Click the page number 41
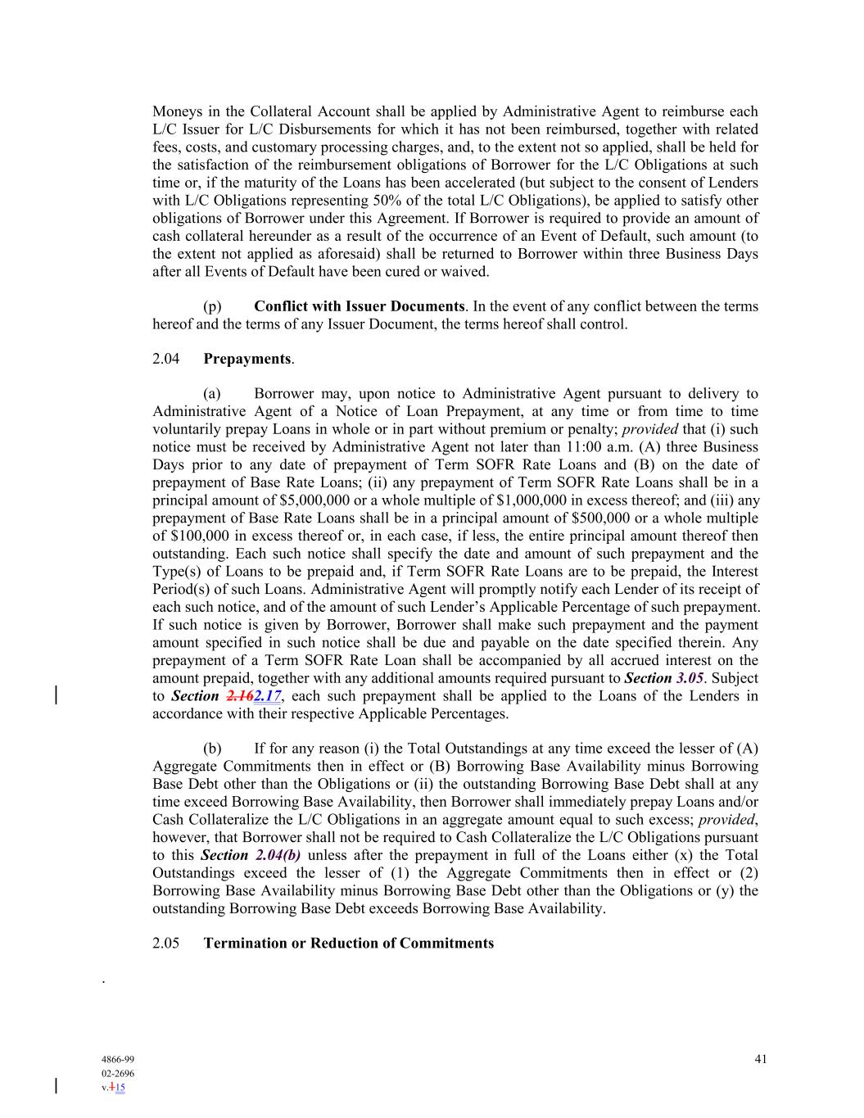pos(761,1059)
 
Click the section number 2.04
pos(166,359)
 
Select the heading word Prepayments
pos(247,359)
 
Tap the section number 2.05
pos(166,943)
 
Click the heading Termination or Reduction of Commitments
pos(348,943)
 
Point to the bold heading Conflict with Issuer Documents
pos(359,306)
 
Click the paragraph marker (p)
pos(212,306)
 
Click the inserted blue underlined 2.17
pos(268,696)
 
